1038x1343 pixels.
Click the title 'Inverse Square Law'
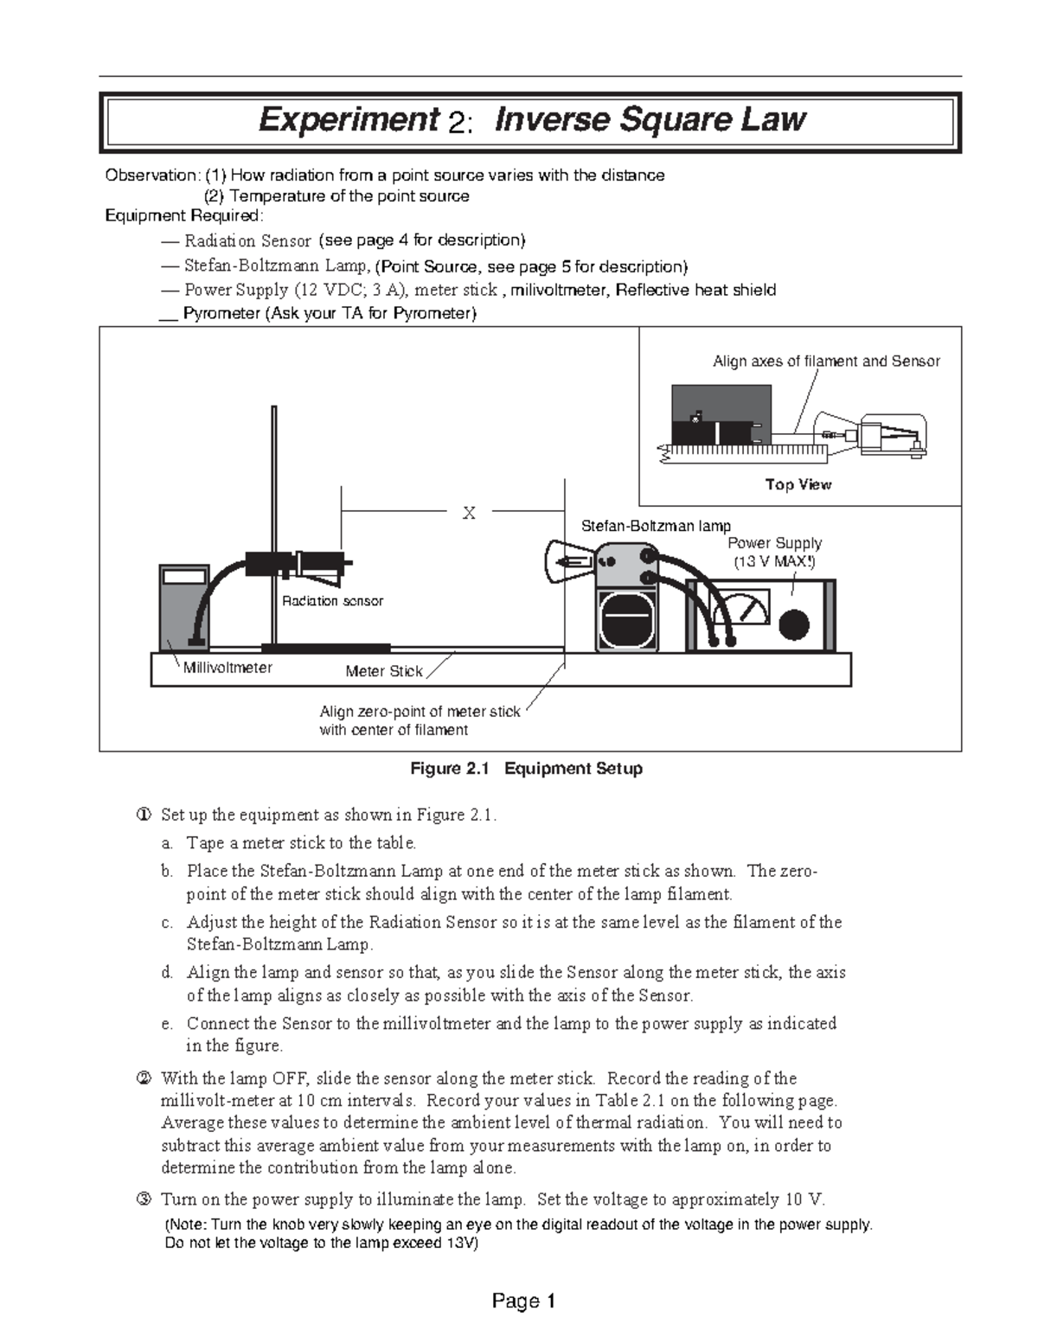coord(650,120)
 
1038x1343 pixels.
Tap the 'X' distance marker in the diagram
coord(469,513)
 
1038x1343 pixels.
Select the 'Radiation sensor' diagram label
coord(332,601)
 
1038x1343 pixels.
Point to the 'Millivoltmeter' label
coord(227,668)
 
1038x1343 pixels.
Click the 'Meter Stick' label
coord(384,671)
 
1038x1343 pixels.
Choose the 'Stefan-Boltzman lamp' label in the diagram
coord(656,526)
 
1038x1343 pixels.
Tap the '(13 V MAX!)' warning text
coord(774,561)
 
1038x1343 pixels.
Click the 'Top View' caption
coord(798,484)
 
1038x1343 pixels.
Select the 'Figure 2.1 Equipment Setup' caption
coord(526,769)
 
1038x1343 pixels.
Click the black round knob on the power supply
coord(793,624)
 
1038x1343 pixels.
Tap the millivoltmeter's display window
coord(183,577)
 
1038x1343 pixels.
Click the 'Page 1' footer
coord(523,1301)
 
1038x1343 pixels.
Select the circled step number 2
coord(144,1078)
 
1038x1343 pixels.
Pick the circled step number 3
coord(144,1199)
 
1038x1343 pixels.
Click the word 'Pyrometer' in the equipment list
coord(221,313)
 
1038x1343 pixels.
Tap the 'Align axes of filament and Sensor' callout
coord(825,361)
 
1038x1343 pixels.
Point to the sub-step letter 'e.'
coord(167,1024)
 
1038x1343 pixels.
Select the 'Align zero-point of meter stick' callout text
coord(420,712)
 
